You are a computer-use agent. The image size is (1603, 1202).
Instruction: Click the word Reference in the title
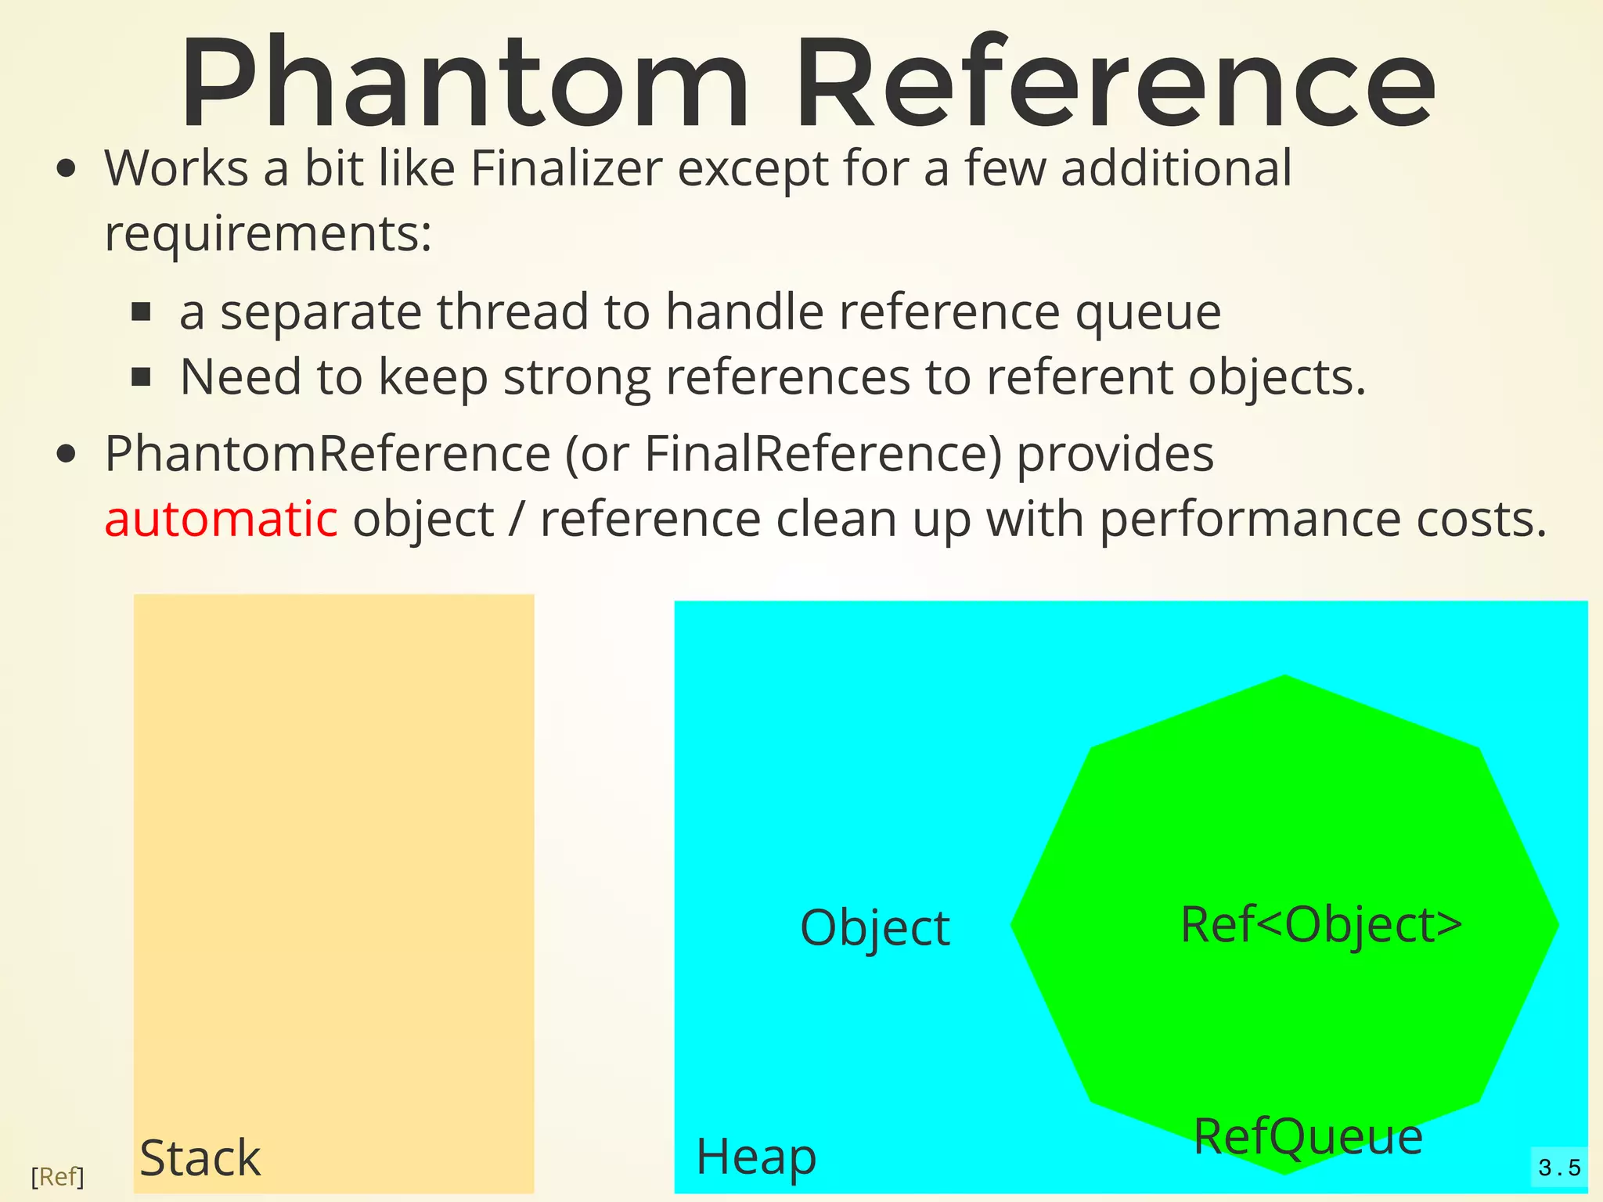coord(1115,82)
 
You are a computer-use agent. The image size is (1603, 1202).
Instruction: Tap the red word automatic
coord(221,519)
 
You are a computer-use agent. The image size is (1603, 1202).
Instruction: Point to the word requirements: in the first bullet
coord(268,233)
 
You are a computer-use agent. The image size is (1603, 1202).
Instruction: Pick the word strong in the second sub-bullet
coord(576,377)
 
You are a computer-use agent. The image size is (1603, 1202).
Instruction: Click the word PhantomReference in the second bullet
coord(327,454)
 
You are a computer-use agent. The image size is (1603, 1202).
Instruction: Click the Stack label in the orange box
coord(200,1158)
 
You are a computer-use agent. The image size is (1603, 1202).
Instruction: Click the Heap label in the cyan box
coord(756,1157)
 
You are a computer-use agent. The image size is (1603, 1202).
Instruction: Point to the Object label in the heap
coord(874,928)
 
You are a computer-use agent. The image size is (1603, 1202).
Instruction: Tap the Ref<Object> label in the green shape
coord(1321,925)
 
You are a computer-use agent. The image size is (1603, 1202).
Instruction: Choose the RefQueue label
coord(1308,1136)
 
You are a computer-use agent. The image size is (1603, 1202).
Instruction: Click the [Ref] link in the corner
coord(57,1176)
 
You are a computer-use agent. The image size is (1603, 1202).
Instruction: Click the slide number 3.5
coord(1559,1168)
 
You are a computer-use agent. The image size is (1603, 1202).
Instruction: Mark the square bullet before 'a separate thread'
coord(141,313)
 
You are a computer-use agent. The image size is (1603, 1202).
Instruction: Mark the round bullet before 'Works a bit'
coord(67,168)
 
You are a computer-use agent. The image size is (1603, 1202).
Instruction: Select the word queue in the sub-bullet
coord(1147,312)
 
